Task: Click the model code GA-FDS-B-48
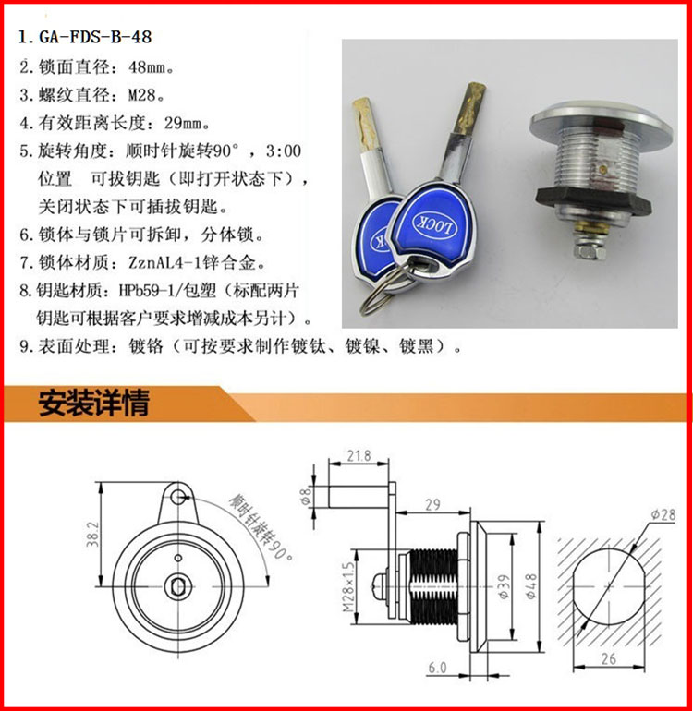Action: (95, 37)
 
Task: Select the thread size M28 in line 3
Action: (142, 95)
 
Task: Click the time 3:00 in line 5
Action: (284, 151)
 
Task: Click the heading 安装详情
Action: (94, 404)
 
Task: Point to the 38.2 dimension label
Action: (92, 534)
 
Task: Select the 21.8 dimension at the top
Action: (359, 455)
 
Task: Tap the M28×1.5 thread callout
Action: (348, 587)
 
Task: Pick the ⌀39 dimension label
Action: (505, 588)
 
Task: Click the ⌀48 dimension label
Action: (531, 585)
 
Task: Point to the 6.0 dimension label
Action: (437, 668)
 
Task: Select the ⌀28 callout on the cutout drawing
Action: (663, 515)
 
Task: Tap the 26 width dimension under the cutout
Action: (609, 658)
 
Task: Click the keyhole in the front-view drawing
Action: (177, 586)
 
